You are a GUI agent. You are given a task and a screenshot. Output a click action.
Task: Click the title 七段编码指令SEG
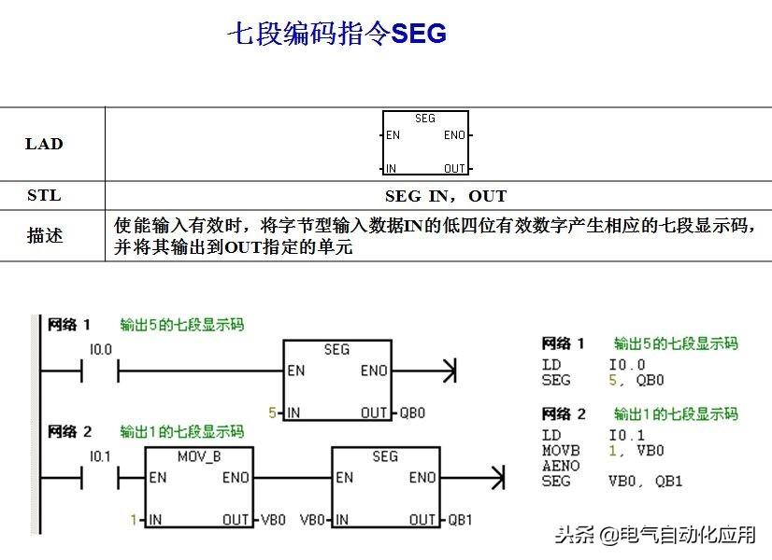pyautogui.click(x=337, y=35)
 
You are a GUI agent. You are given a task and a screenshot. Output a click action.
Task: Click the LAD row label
pyautogui.click(x=44, y=144)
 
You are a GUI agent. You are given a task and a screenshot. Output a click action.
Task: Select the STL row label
pyautogui.click(x=44, y=195)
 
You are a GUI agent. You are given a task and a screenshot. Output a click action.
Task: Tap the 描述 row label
pyautogui.click(x=44, y=236)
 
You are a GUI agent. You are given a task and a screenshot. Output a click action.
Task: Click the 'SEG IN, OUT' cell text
pyautogui.click(x=445, y=196)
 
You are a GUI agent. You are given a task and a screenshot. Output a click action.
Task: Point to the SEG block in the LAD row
pyautogui.click(x=425, y=143)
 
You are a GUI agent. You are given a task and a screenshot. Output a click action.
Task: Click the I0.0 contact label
pyautogui.click(x=100, y=349)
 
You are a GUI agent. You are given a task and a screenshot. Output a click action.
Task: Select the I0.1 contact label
pyautogui.click(x=100, y=455)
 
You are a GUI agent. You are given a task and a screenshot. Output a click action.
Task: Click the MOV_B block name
pyautogui.click(x=199, y=456)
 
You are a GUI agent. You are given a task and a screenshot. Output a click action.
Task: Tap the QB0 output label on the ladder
pyautogui.click(x=412, y=413)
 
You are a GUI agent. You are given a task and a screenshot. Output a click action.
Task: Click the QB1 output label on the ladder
pyautogui.click(x=462, y=519)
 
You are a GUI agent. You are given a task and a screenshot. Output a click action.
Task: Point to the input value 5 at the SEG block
pyautogui.click(x=272, y=413)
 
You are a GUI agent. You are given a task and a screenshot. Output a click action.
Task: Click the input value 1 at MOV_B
pyautogui.click(x=134, y=519)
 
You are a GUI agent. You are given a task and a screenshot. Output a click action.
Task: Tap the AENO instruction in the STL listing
pyautogui.click(x=561, y=466)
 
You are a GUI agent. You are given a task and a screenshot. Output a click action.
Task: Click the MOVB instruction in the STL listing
pyautogui.click(x=561, y=451)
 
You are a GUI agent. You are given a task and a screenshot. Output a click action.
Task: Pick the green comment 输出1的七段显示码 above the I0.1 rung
pyautogui.click(x=181, y=432)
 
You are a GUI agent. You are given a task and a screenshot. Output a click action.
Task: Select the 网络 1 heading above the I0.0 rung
pyautogui.click(x=69, y=325)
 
